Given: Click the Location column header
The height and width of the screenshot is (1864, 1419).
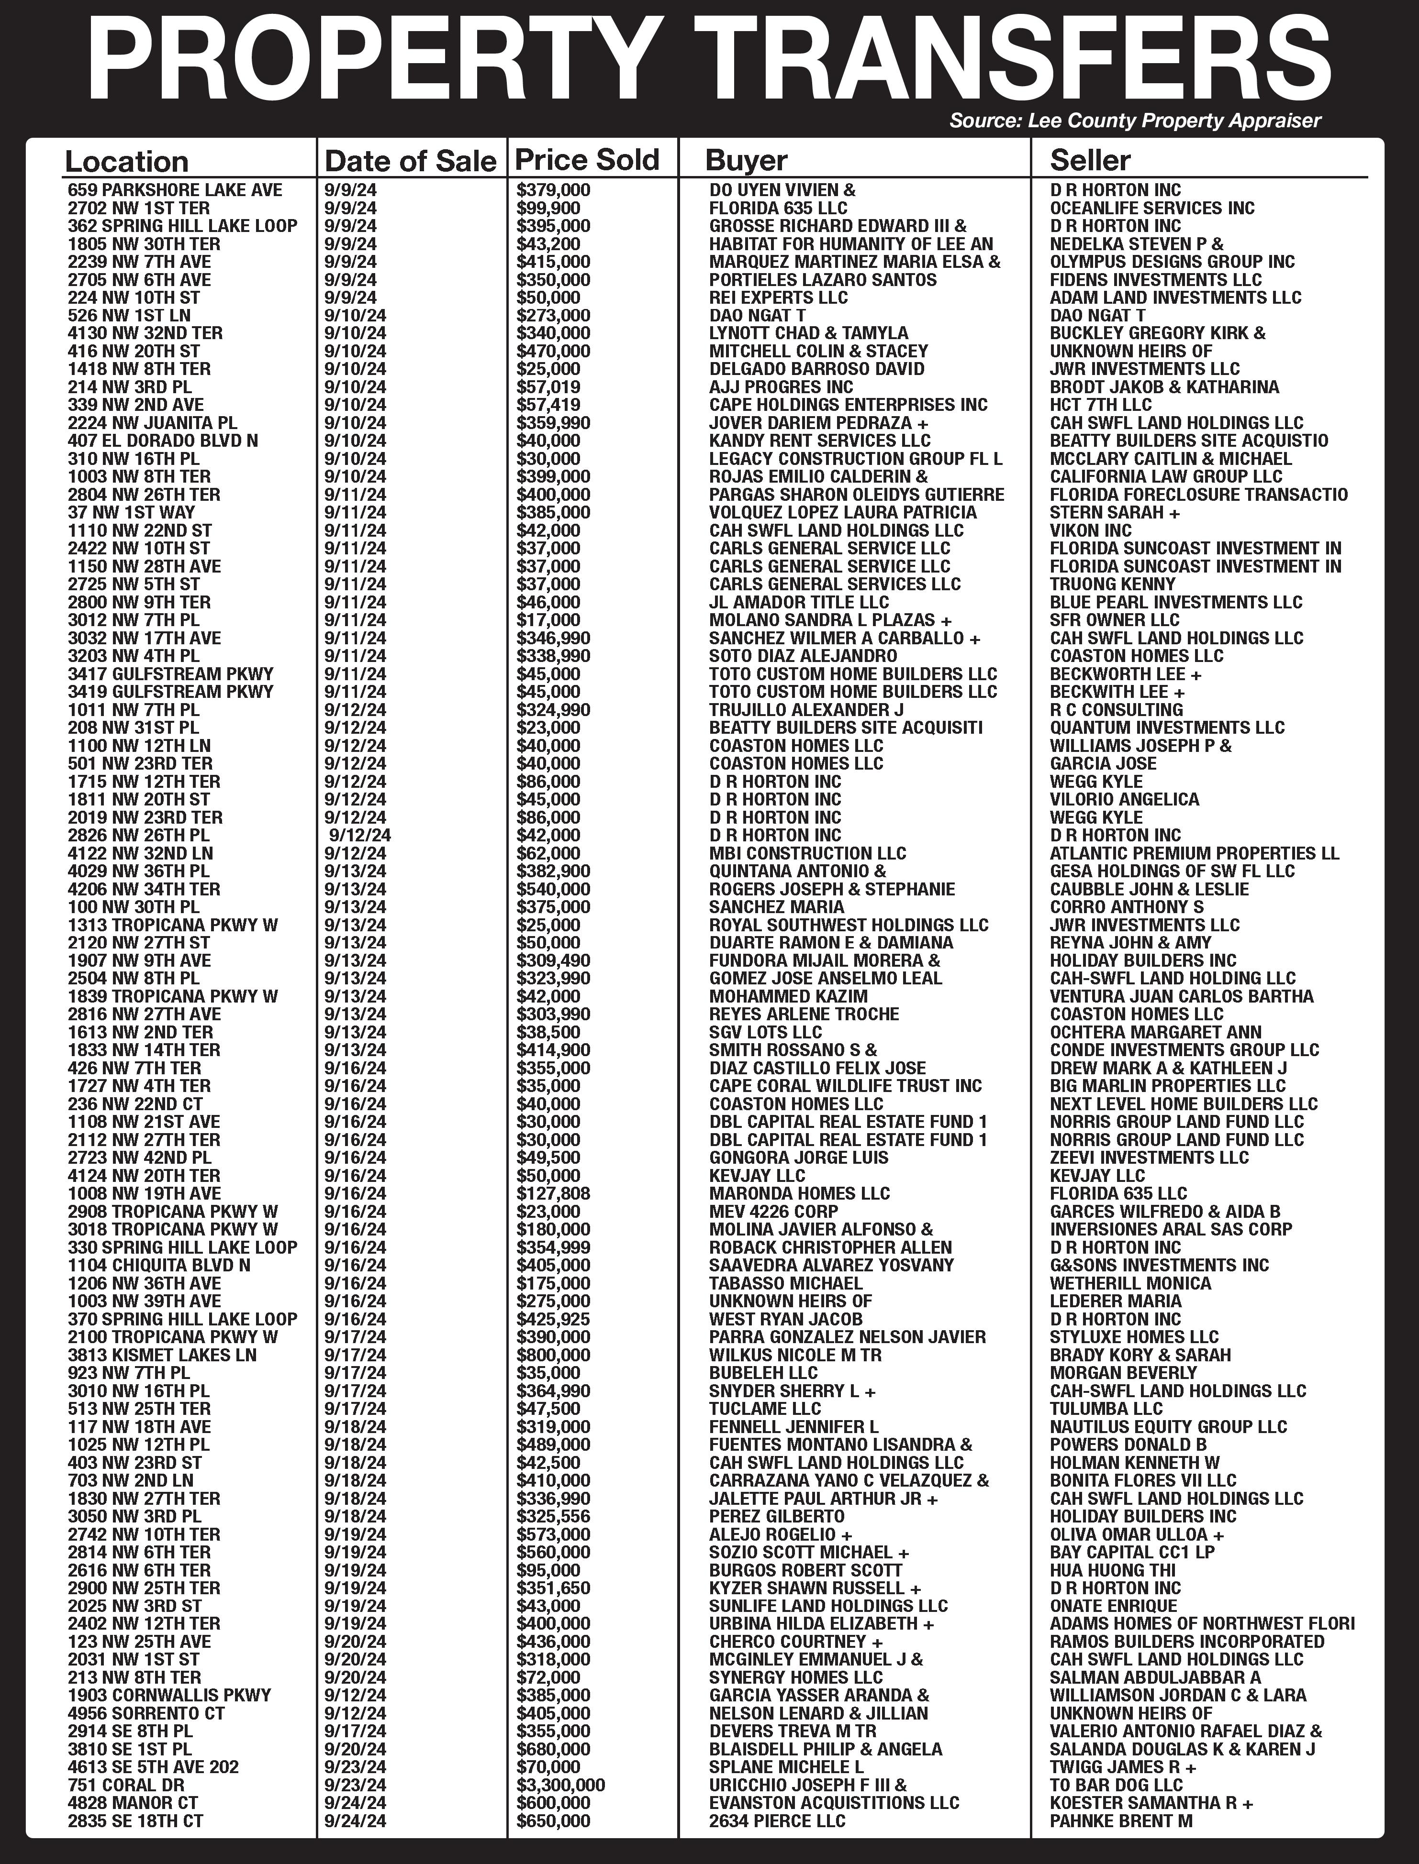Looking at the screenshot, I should coord(127,161).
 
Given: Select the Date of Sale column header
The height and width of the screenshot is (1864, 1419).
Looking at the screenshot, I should coord(411,160).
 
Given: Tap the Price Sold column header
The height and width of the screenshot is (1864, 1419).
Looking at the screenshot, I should coord(587,160).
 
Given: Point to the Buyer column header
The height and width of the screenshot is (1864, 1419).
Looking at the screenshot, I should coord(746,160).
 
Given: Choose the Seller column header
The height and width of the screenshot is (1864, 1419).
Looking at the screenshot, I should coord(1090,160).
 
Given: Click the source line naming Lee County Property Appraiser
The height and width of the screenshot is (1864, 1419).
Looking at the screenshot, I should coord(1134,121).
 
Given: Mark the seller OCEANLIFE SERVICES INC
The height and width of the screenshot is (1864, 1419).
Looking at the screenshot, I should coord(1152,208).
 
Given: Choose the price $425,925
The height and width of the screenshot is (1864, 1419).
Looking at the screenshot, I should coord(553,1319).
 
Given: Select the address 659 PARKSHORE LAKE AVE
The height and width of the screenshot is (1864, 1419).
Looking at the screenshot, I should coord(175,190).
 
